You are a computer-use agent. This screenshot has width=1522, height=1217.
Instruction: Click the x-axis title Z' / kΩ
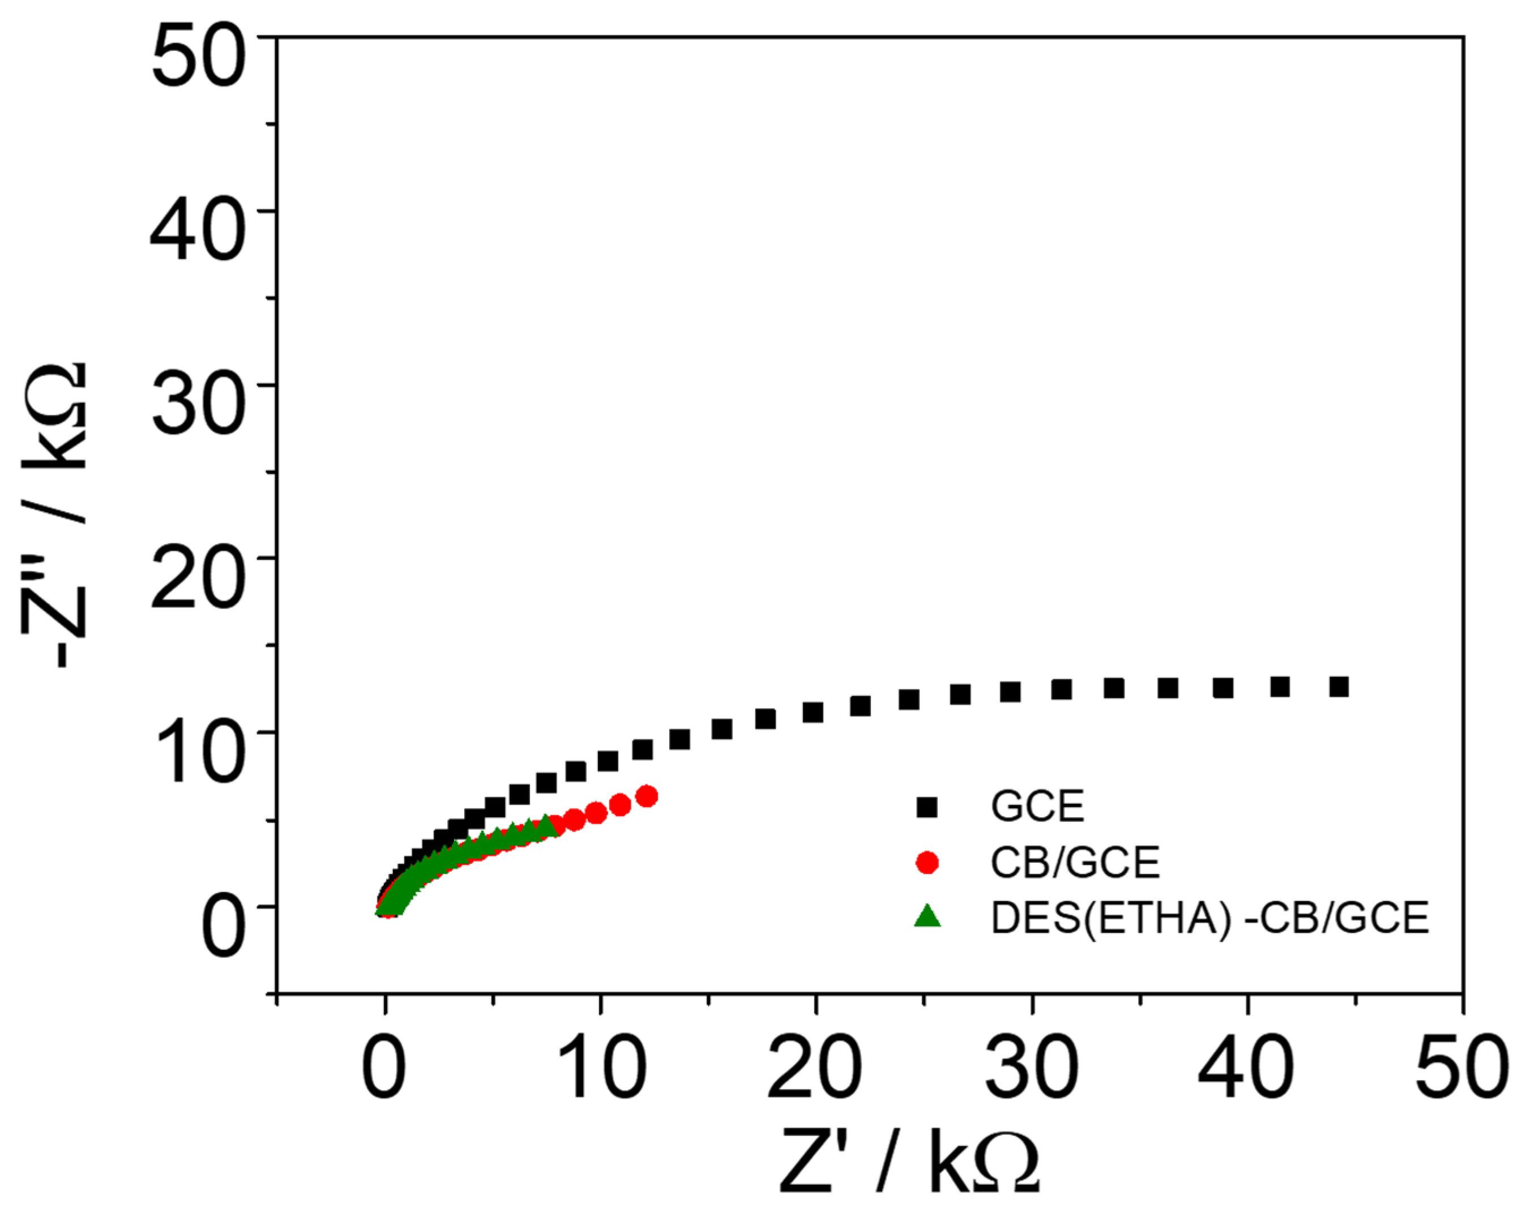coord(909,1161)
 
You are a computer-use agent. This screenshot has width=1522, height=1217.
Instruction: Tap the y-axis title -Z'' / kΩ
coord(55,515)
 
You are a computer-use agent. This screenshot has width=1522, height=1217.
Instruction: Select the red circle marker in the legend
coord(927,863)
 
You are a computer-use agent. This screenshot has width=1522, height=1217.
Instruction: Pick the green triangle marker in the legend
coord(927,917)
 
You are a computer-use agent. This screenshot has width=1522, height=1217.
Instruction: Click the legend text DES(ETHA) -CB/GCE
coord(1210,918)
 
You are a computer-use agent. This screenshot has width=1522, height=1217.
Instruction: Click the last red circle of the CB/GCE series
coord(647,796)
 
